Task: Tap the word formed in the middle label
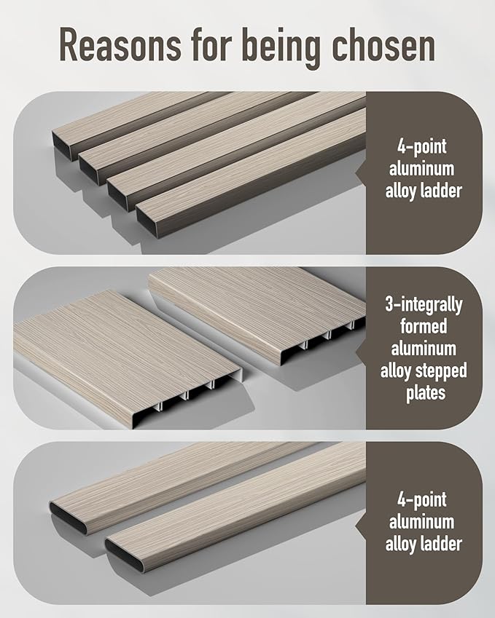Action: point(424,326)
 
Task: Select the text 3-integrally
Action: point(424,305)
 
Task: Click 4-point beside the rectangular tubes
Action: point(422,147)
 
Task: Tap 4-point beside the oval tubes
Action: point(422,500)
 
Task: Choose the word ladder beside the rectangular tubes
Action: point(441,191)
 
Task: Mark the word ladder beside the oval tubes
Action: point(441,544)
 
